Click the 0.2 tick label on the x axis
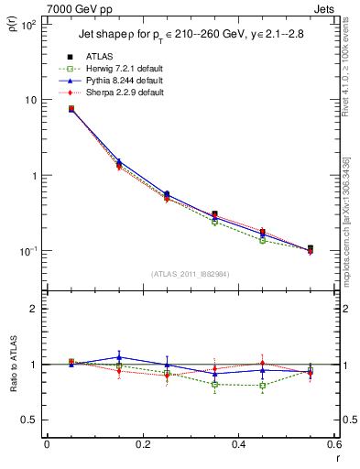[x=142, y=444]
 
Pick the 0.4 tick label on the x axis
[x=237, y=444]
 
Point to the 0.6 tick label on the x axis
[x=333, y=444]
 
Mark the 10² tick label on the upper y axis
[x=29, y=24]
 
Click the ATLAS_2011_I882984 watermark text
[x=190, y=274]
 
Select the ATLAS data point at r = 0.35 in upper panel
[x=214, y=213]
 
